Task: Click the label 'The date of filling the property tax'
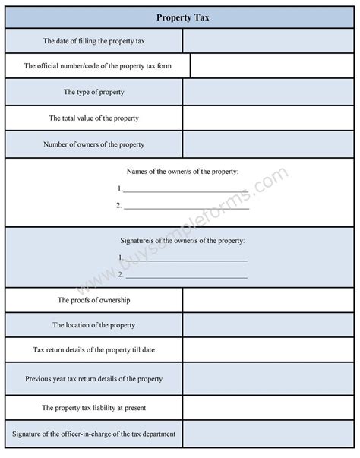click(94, 40)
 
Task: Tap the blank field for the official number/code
click(272, 66)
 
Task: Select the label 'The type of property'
click(94, 92)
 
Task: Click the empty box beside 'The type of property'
click(268, 92)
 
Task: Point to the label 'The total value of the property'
click(94, 118)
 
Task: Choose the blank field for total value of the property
click(268, 118)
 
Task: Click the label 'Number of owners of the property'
click(94, 144)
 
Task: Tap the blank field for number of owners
click(268, 144)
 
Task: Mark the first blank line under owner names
click(185, 190)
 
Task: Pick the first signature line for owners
click(185, 259)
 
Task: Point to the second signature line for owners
click(185, 275)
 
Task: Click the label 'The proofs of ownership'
click(94, 300)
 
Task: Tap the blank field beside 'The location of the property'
click(268, 325)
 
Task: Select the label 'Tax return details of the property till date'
click(94, 350)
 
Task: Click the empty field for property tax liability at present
click(268, 407)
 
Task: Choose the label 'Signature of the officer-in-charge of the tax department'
click(94, 434)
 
